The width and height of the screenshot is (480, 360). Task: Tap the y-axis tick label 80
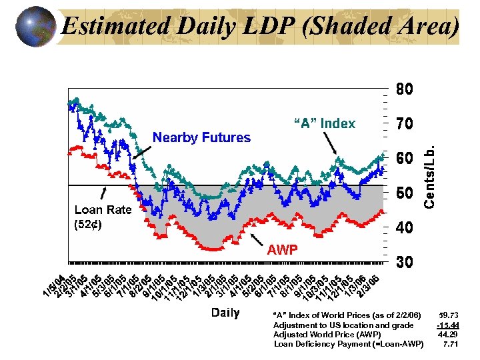pos(406,89)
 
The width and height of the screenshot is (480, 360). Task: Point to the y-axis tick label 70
pos(406,124)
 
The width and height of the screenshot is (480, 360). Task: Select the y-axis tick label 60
pos(406,159)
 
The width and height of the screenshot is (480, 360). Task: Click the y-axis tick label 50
pos(406,193)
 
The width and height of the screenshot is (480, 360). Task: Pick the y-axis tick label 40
pos(406,228)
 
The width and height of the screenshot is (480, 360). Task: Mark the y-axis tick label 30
pos(406,263)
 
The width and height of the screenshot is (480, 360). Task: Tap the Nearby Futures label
pos(201,138)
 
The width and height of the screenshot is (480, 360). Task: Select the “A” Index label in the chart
pos(325,123)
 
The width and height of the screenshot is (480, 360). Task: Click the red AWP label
pos(282,250)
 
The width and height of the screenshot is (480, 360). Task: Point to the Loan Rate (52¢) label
pos(103,217)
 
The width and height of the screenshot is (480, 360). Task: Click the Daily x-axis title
pos(225,313)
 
